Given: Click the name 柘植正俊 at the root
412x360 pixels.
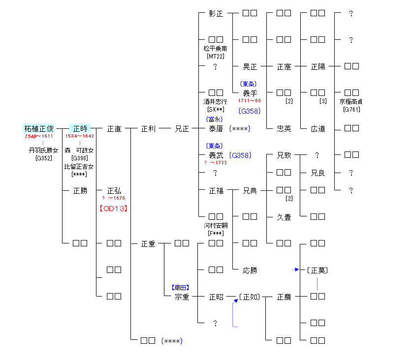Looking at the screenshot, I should pyautogui.click(x=39, y=129).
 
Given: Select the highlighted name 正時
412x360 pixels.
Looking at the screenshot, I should pyautogui.click(x=80, y=129).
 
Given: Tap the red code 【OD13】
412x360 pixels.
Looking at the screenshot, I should pyautogui.click(x=114, y=208).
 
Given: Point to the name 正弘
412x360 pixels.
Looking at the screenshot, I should pyautogui.click(x=114, y=191).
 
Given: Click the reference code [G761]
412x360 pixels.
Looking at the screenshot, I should pyautogui.click(x=351, y=109).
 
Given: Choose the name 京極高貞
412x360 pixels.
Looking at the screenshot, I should pyautogui.click(x=351, y=102).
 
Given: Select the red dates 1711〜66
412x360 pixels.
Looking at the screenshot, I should pyautogui.click(x=250, y=100).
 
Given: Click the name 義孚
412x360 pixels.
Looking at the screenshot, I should pyautogui.click(x=250, y=93).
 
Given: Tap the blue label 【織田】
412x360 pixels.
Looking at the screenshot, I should pyautogui.click(x=180, y=287).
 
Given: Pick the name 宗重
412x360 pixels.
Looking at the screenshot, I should pyautogui.click(x=182, y=297).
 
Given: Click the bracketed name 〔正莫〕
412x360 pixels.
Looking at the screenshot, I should pyautogui.click(x=317, y=270).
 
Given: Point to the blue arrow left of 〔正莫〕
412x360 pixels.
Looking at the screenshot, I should pyautogui.click(x=295, y=270).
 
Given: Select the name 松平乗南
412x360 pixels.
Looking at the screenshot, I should pyautogui.click(x=216, y=49).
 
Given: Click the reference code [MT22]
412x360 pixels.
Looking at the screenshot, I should pyautogui.click(x=216, y=56).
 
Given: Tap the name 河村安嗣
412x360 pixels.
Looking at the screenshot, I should pyautogui.click(x=216, y=226).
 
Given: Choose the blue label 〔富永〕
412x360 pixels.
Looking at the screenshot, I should pyautogui.click(x=215, y=119).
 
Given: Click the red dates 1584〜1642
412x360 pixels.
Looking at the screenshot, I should pyautogui.click(x=80, y=136).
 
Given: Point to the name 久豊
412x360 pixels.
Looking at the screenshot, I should pyautogui.click(x=284, y=217).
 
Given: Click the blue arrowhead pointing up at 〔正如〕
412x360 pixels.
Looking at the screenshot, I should pyautogui.click(x=235, y=300).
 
